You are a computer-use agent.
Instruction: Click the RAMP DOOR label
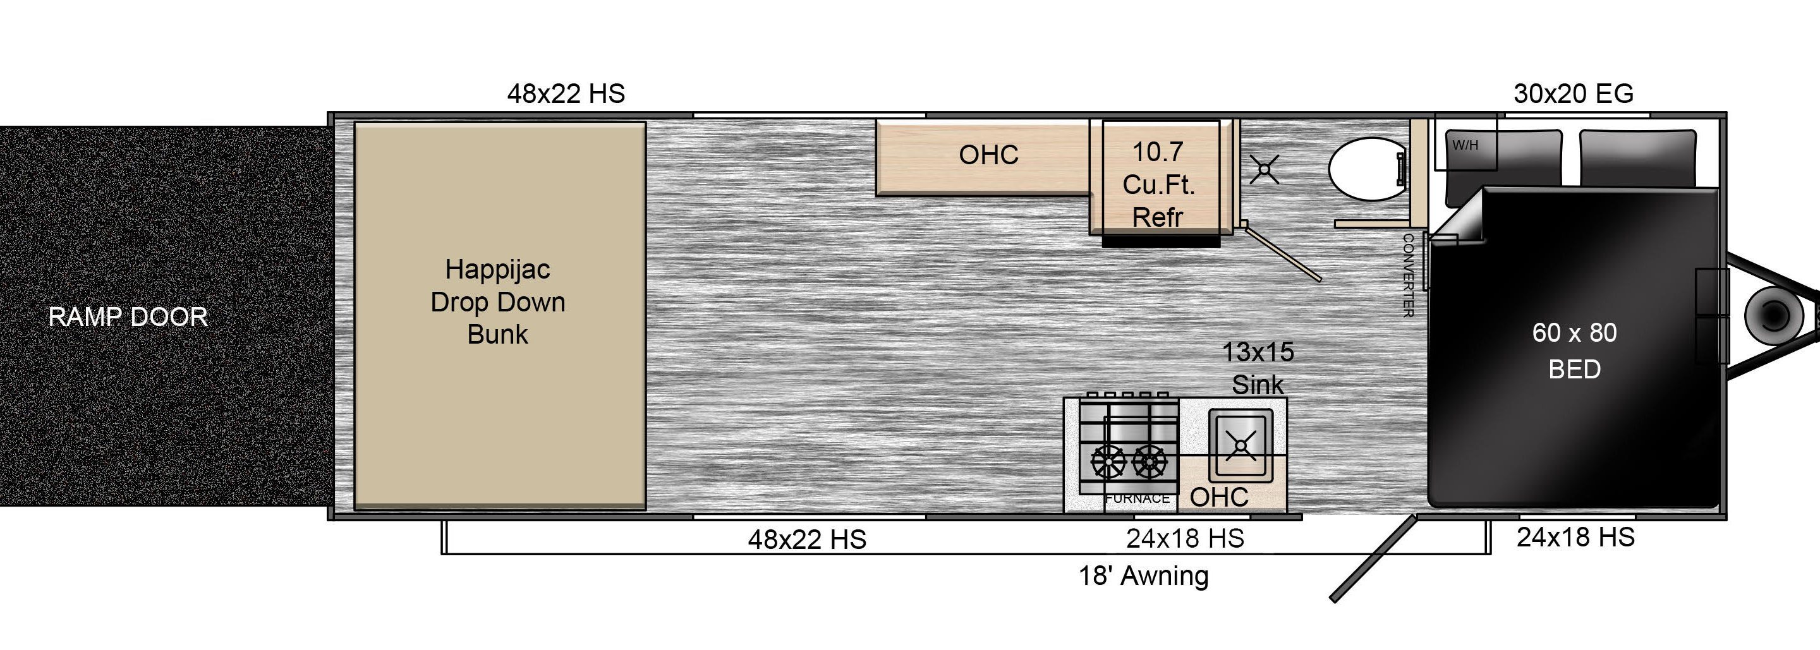(128, 316)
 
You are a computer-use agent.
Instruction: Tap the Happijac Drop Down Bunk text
(498, 302)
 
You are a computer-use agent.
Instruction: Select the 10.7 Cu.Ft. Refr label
(1158, 184)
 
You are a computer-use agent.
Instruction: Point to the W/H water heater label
(1465, 145)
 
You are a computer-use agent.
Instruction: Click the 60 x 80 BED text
(1575, 351)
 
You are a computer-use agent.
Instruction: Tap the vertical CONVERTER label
(1407, 275)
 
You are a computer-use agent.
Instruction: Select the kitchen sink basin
(1241, 446)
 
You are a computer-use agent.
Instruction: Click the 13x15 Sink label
(1258, 368)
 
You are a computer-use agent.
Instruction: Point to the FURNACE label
(1137, 499)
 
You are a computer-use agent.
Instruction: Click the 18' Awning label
(1143, 576)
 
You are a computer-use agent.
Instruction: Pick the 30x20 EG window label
(1574, 93)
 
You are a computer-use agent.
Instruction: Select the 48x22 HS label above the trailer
(566, 93)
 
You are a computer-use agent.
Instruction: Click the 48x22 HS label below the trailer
(807, 540)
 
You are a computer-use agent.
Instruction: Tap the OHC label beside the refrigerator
(988, 155)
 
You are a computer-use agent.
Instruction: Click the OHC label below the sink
(1219, 497)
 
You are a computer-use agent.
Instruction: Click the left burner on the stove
(1108, 462)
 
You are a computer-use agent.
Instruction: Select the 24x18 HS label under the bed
(1575, 538)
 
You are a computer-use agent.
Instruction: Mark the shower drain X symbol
(1264, 169)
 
